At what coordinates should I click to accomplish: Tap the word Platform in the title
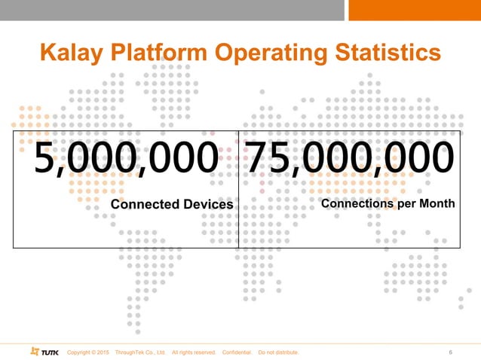point(157,53)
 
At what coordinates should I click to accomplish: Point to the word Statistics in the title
point(384,53)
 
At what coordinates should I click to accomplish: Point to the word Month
point(439,203)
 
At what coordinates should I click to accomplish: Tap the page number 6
point(450,352)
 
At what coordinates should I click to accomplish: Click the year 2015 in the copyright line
point(103,352)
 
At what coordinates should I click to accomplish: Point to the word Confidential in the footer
point(238,352)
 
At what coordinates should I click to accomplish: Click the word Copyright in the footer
point(81,352)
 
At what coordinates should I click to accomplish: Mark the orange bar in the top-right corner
point(415,10)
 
